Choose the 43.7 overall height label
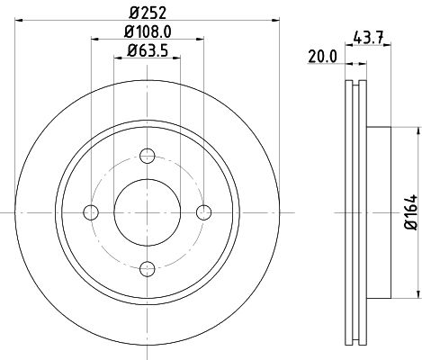pos(371,38)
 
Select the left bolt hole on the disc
pos(90,212)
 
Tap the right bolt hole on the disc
pos(204,212)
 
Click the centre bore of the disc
pos(148,212)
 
